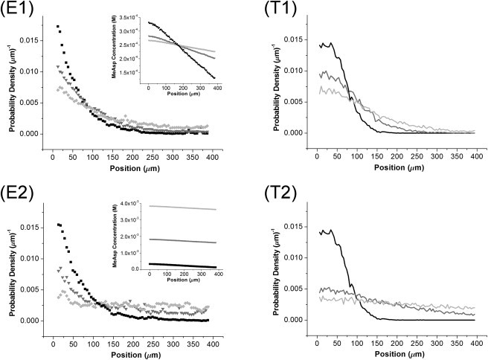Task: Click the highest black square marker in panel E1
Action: [58, 27]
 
